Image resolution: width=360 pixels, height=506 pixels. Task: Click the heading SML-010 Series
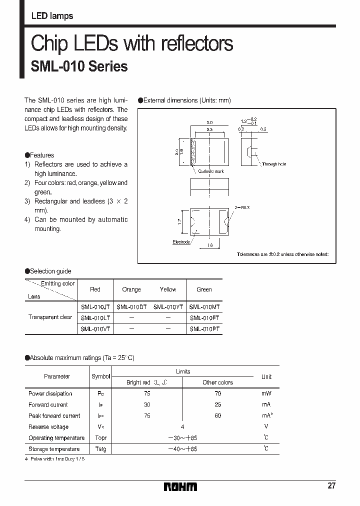pyautogui.click(x=79, y=66)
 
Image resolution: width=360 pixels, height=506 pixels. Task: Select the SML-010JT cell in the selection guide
pyautogui.click(x=95, y=306)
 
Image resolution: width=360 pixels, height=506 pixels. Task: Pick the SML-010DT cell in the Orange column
pyautogui.click(x=131, y=306)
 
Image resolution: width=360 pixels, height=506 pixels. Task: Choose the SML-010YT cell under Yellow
pyautogui.click(x=168, y=306)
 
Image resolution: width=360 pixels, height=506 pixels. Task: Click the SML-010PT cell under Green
pyautogui.click(x=204, y=329)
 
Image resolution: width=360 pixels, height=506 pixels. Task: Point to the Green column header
pyautogui.click(x=204, y=289)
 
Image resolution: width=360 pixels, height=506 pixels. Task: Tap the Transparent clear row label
pyautogui.click(x=50, y=317)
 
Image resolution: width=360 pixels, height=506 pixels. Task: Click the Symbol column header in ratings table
pyautogui.click(x=101, y=376)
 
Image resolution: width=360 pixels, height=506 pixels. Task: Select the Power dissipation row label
pyautogui.click(x=50, y=393)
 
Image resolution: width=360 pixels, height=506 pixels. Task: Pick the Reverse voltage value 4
pyautogui.click(x=182, y=426)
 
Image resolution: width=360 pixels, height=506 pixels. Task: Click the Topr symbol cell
pyautogui.click(x=101, y=438)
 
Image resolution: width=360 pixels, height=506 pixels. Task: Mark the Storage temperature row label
pyautogui.click(x=54, y=449)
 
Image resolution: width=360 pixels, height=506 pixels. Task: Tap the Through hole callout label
pyautogui.click(x=273, y=164)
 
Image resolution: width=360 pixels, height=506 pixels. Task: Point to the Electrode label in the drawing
pyautogui.click(x=181, y=242)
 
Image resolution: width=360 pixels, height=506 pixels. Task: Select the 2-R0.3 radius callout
pyautogui.click(x=241, y=206)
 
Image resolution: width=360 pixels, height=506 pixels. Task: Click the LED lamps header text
pyautogui.click(x=52, y=16)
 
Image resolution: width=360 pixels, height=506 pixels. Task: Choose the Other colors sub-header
pyautogui.click(x=217, y=382)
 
